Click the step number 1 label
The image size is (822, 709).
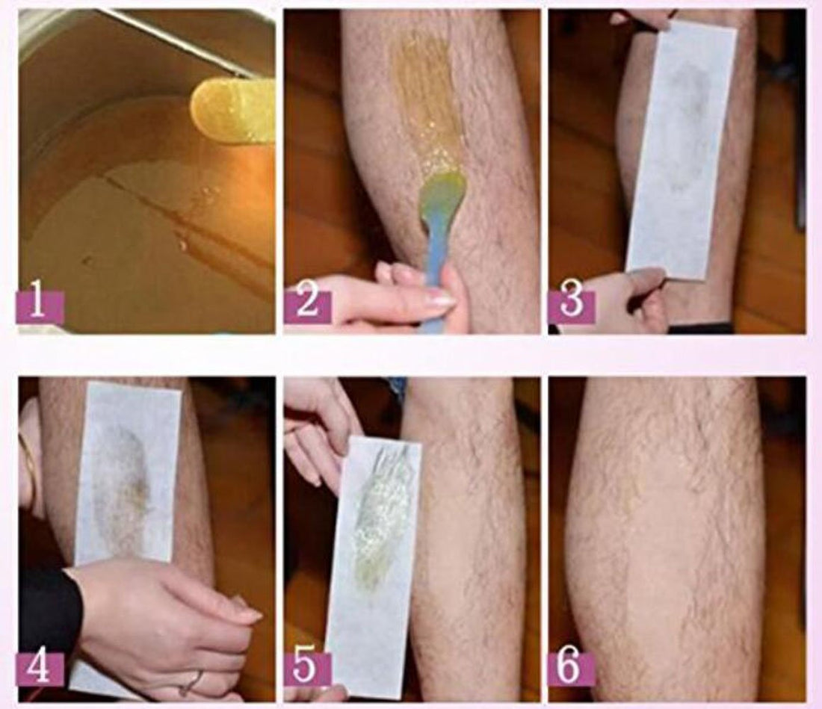[x=40, y=306]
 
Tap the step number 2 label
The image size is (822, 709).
[x=306, y=306]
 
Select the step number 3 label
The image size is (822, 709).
[x=571, y=306]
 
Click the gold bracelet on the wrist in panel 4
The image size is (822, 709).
[x=30, y=463]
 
